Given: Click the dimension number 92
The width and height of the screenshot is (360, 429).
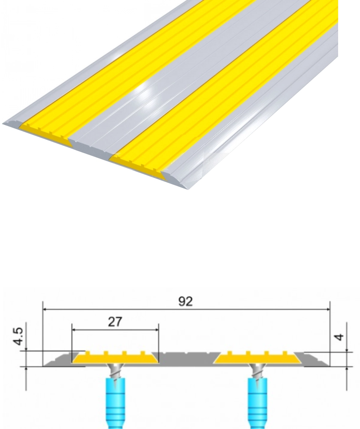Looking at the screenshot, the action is point(185,301).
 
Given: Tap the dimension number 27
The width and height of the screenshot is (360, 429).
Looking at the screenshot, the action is point(115,322).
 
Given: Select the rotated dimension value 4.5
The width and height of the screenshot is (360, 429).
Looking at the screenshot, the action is point(18,336).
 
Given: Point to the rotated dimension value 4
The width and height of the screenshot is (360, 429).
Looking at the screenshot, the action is point(339,337).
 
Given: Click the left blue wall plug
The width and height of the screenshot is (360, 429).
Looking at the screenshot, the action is point(115,403).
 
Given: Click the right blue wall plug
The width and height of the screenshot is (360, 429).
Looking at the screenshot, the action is point(257,403).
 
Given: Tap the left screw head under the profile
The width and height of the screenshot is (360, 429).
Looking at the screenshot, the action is point(115,368).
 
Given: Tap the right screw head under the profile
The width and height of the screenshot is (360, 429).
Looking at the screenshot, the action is point(257,368).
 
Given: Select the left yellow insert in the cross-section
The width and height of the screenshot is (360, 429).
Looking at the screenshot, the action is point(115,358).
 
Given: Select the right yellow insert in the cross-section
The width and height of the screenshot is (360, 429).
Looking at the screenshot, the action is point(257,358).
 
